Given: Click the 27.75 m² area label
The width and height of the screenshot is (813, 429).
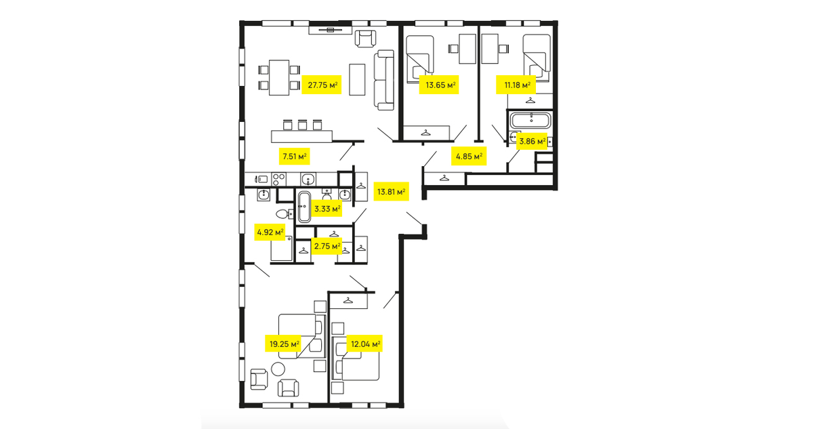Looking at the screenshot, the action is point(322,85).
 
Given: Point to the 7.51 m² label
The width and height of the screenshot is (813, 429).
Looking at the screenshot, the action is point(294,157).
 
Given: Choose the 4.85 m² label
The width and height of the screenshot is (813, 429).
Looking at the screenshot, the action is point(469,157).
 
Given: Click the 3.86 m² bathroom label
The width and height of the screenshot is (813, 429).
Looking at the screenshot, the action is point(532,141).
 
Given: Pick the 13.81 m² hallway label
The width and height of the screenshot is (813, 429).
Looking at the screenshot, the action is point(391,191).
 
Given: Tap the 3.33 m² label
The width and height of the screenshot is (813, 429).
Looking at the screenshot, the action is point(327,209).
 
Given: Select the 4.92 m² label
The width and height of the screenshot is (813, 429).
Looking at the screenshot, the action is point(270,232).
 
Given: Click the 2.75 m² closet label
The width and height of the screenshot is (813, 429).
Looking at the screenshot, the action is point(327,246).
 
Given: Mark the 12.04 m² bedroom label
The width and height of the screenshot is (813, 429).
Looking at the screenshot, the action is point(365,344).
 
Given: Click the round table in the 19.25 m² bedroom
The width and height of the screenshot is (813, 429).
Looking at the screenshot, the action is point(278,369).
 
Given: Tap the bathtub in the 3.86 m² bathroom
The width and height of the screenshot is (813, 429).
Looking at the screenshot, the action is point(530,120).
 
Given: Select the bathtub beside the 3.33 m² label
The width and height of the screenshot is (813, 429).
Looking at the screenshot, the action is point(304,207).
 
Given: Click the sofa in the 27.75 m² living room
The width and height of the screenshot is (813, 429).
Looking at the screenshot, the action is point(384,80).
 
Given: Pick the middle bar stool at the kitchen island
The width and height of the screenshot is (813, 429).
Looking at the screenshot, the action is point(302,125).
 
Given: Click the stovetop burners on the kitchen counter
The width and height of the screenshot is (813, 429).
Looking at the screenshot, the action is point(278,180).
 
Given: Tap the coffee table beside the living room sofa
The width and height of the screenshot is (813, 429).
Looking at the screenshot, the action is point(357,79).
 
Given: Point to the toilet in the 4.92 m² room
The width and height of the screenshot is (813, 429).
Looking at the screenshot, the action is point(285,213).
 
